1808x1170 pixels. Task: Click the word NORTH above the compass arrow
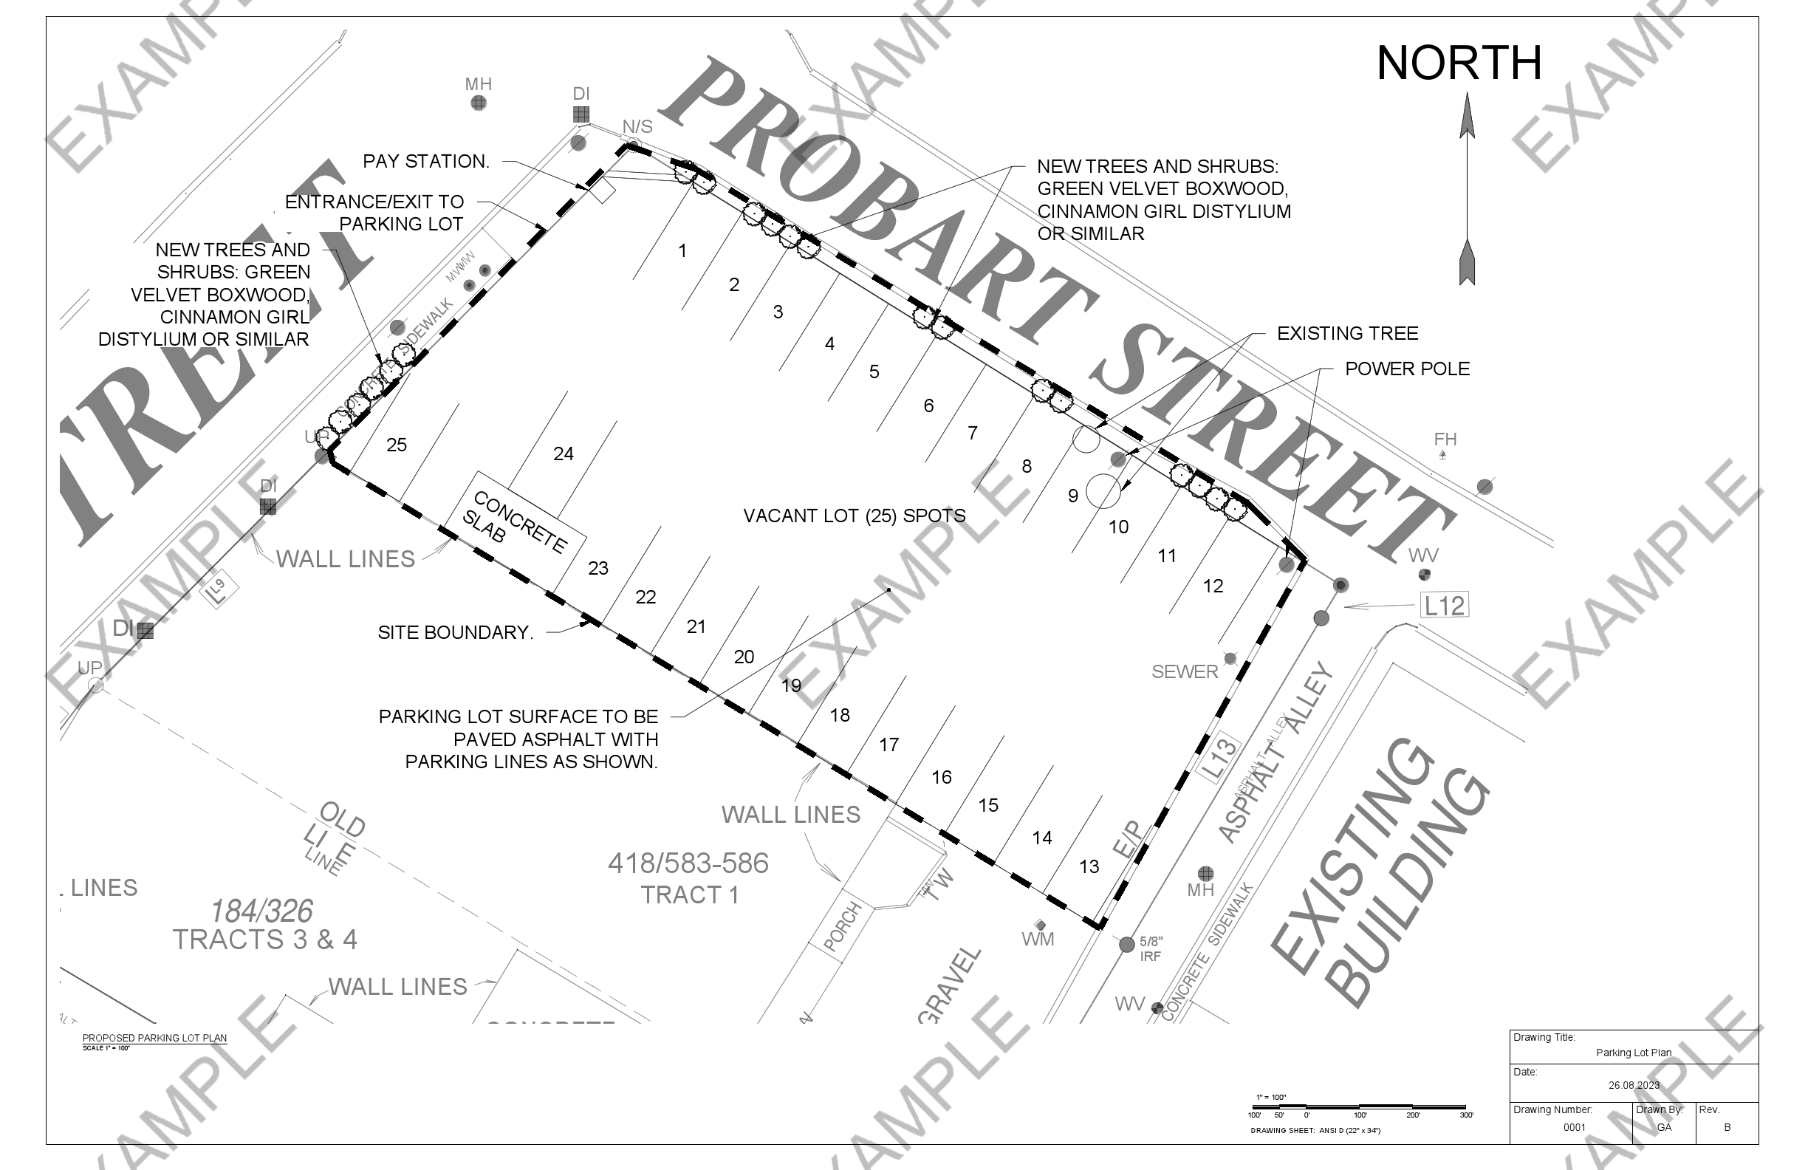pos(1459,63)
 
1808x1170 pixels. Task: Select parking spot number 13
pos(1089,866)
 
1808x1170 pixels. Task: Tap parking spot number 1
pos(682,250)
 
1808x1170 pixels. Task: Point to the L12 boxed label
pos(1443,606)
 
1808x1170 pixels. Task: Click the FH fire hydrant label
pos(1445,439)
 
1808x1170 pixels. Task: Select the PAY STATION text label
pos(425,161)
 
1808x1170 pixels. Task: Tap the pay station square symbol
pos(603,191)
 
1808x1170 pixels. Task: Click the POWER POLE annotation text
pos(1407,369)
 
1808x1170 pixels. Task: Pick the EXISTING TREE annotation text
pos(1347,334)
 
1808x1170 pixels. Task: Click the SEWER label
pos(1185,671)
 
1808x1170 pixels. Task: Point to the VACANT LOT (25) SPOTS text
pos(854,516)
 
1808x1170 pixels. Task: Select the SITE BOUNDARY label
pos(455,632)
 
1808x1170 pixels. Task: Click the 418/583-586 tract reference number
pos(688,863)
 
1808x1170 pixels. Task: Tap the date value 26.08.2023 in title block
pos(1633,1085)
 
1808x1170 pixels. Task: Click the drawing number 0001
pos(1574,1127)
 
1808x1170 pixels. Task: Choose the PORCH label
pos(842,927)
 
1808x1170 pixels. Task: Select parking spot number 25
pos(397,445)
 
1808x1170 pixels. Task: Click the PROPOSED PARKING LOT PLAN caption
pos(154,1038)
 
